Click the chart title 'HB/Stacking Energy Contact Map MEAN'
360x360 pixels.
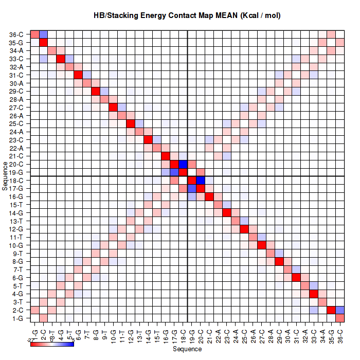click(x=187, y=16)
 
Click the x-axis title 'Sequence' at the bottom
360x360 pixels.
click(x=187, y=349)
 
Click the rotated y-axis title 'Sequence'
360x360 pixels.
click(x=5, y=176)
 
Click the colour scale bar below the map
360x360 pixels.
click(x=52, y=344)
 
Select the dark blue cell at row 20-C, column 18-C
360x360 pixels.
click(x=183, y=164)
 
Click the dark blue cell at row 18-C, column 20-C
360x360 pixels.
click(x=201, y=180)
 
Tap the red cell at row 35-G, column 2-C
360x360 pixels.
click(x=44, y=42)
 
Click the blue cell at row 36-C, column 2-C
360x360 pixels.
click(x=44, y=34)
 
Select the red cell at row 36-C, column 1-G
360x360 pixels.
click(x=35, y=34)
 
